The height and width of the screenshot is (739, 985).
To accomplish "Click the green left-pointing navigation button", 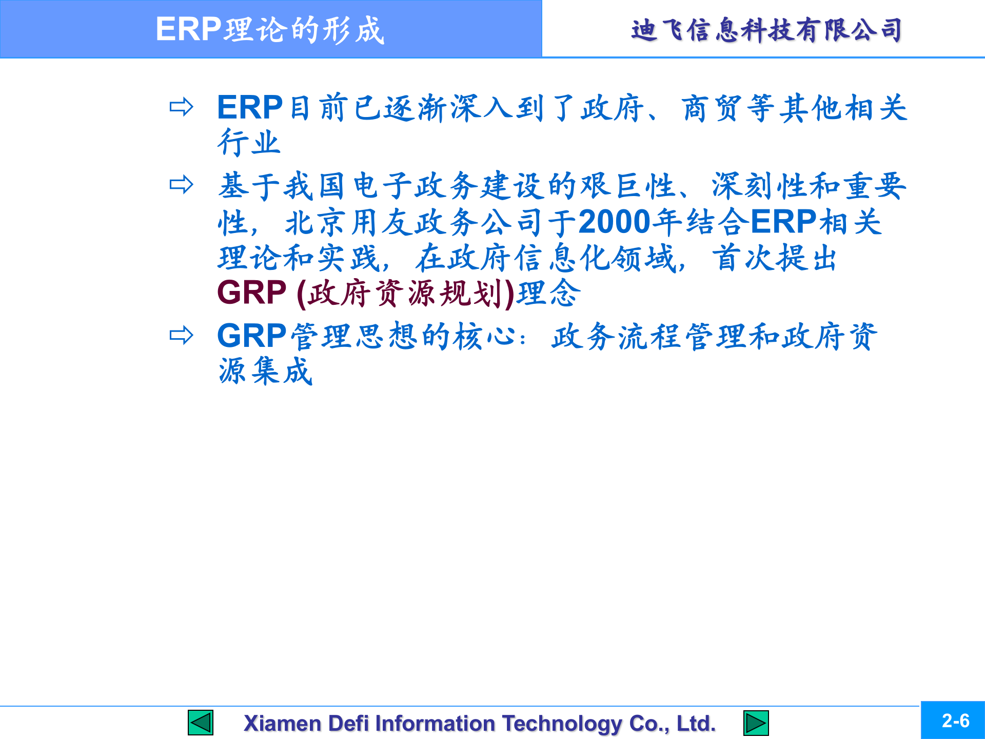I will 201,723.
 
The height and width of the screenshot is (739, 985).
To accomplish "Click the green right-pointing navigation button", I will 756,723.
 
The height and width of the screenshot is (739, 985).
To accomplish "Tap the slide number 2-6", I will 955,721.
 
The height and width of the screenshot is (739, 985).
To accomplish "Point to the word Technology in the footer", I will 562,724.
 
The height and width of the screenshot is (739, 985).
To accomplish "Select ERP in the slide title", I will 188,29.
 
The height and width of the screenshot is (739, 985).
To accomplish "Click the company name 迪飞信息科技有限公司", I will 766,30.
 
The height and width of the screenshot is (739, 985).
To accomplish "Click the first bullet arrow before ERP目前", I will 181,107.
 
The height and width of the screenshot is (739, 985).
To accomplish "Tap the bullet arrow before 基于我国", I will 181,184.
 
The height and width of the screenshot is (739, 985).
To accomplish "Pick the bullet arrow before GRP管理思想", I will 181,336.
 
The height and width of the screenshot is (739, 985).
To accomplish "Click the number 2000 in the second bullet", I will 614,222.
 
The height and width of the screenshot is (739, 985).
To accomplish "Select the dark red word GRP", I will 251,293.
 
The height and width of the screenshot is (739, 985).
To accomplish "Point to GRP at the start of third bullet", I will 251,336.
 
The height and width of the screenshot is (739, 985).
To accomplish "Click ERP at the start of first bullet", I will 250,108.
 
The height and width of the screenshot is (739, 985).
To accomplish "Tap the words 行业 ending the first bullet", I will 249,143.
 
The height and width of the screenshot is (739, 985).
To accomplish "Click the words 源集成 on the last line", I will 266,371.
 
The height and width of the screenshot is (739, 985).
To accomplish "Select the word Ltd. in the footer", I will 696,724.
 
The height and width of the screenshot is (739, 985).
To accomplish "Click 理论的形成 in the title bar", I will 304,30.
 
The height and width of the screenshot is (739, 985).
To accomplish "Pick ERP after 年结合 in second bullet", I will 783,222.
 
